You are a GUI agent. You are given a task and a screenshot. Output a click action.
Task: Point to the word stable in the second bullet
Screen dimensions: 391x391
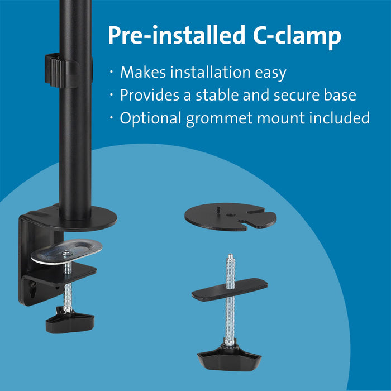(x=214, y=96)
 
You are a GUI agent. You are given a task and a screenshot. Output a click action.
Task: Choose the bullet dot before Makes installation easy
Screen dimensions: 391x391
(x=112, y=73)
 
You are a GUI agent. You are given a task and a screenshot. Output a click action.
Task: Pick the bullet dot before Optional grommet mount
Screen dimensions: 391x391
(x=112, y=118)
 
